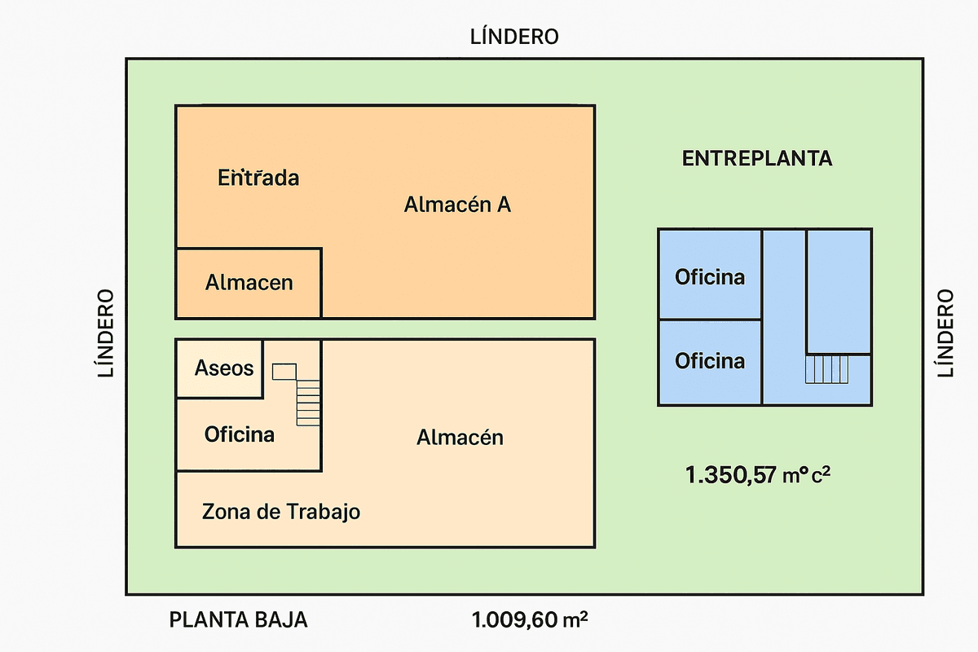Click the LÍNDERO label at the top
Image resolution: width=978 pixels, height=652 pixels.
[x=514, y=37]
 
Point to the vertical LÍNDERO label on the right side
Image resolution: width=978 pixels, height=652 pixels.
[x=945, y=333]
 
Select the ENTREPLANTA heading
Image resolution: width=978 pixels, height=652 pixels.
[x=757, y=159]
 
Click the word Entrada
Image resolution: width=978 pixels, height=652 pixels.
[x=258, y=178]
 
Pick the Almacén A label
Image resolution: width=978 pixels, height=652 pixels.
[x=457, y=205]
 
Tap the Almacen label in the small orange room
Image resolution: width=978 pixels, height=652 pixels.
[x=249, y=283]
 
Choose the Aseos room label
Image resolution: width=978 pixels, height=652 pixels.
[x=224, y=368]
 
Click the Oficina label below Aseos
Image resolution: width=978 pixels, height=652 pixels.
[x=239, y=434]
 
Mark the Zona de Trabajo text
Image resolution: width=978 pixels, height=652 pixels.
[x=281, y=512]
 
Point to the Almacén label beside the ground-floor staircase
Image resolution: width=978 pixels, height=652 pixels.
[x=460, y=438]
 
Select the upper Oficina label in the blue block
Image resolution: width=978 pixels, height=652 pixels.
[x=710, y=277]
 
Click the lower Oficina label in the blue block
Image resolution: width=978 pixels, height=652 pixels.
[x=710, y=360]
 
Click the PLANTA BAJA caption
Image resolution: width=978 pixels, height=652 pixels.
[x=238, y=620]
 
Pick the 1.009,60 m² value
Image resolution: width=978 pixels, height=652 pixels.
[x=530, y=620]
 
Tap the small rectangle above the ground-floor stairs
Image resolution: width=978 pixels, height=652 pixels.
[x=284, y=372]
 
